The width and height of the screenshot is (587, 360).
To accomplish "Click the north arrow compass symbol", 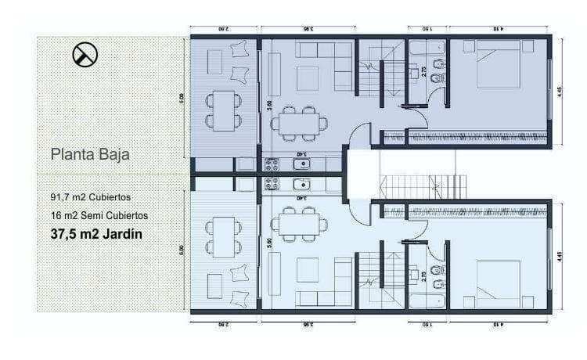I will pos(85,54).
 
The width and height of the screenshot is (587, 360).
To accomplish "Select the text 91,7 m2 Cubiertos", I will pos(92,197).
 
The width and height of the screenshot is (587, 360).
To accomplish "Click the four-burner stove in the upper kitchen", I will pos(272,164).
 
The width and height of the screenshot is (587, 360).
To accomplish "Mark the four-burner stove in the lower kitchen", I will pos(272,184).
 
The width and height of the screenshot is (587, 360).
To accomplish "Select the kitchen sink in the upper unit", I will pos(303,164).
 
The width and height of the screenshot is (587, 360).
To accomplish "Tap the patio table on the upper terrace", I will pos(223,110).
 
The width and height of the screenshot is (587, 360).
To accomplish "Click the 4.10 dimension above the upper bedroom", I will pos(499,29).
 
